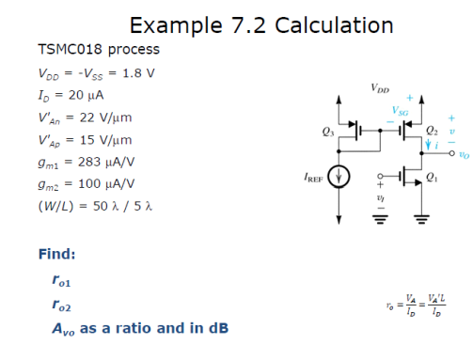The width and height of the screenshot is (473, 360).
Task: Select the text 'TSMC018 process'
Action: point(85,49)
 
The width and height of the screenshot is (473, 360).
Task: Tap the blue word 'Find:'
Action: point(56,255)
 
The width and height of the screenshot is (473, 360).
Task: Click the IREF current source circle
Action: point(342,176)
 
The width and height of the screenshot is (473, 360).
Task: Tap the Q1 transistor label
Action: point(431,176)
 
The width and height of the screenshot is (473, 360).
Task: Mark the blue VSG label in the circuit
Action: point(401,111)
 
